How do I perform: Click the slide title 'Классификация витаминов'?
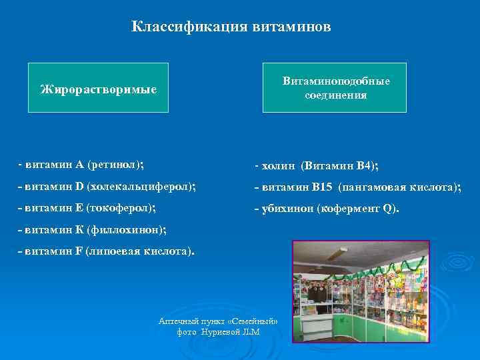pyautogui.click(x=231, y=27)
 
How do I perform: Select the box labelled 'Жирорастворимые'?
pyautogui.click(x=98, y=88)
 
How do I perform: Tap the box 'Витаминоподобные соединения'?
pyautogui.click(x=335, y=88)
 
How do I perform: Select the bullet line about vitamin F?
pyautogui.click(x=107, y=252)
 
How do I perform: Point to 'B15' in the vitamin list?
pyautogui.click(x=323, y=187)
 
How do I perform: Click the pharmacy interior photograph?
pyautogui.click(x=361, y=292)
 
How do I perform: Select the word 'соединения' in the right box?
pyautogui.click(x=335, y=95)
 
